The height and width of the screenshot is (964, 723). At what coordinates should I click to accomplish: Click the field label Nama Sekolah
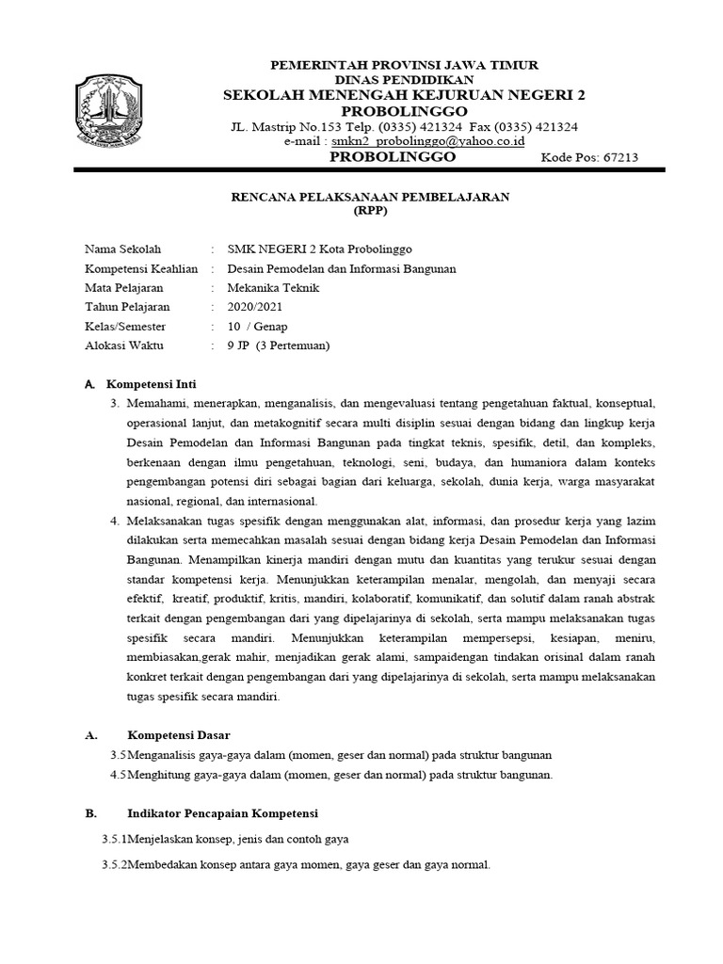tap(123, 249)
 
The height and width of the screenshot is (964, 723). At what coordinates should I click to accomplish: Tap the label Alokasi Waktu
tap(124, 345)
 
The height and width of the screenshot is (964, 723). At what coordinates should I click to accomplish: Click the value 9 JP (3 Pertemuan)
tap(279, 345)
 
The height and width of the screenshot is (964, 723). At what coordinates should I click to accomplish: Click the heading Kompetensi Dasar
tap(178, 734)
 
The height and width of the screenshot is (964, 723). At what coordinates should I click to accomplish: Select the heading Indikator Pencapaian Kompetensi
tap(223, 812)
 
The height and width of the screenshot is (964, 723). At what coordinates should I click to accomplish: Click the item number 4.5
tap(118, 775)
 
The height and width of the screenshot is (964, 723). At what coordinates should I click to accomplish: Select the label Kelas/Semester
tap(125, 326)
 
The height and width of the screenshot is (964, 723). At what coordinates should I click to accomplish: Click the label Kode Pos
tap(566, 157)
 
